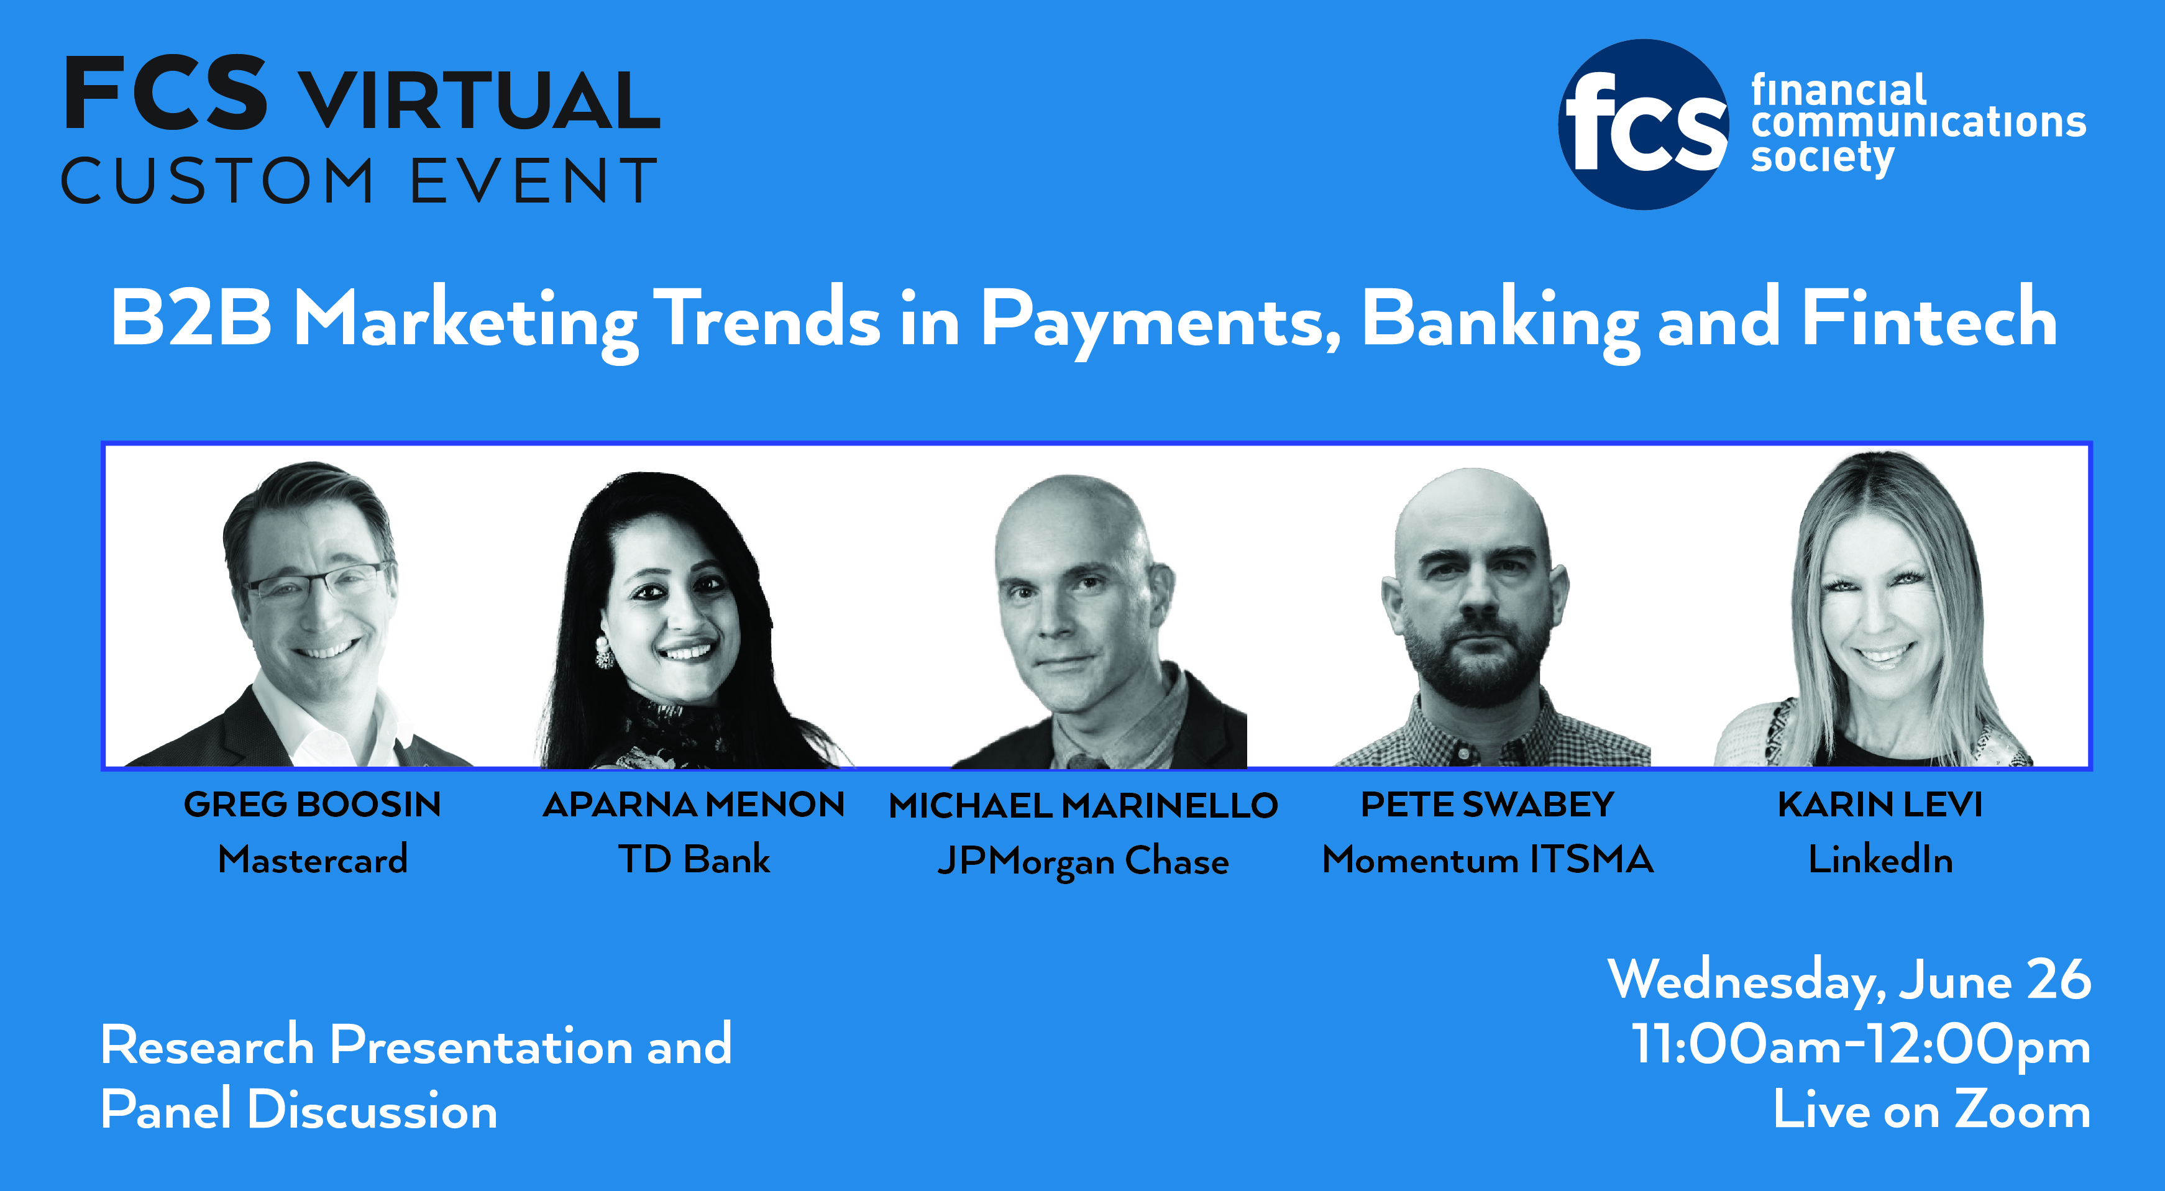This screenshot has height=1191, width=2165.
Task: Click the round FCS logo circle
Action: pyautogui.click(x=1643, y=124)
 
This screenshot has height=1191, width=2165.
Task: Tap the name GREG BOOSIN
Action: pyautogui.click(x=313, y=805)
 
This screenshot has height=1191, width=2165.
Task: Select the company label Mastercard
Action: pyautogui.click(x=313, y=859)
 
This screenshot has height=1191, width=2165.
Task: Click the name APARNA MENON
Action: pyautogui.click(x=693, y=805)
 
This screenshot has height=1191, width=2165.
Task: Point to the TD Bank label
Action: pyautogui.click(x=694, y=859)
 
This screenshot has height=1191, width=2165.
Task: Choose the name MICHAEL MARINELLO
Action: pyautogui.click(x=1083, y=805)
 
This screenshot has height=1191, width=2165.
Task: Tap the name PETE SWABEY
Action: pyautogui.click(x=1488, y=805)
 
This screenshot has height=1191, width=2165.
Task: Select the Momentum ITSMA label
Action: pyautogui.click(x=1488, y=859)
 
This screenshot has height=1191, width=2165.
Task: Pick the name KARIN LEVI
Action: pyautogui.click(x=1880, y=805)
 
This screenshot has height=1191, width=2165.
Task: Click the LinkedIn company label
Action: pyautogui.click(x=1880, y=859)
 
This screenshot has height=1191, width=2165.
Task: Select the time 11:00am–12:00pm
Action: pyautogui.click(x=1861, y=1046)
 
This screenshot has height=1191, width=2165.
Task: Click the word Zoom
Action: pyautogui.click(x=2022, y=1110)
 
